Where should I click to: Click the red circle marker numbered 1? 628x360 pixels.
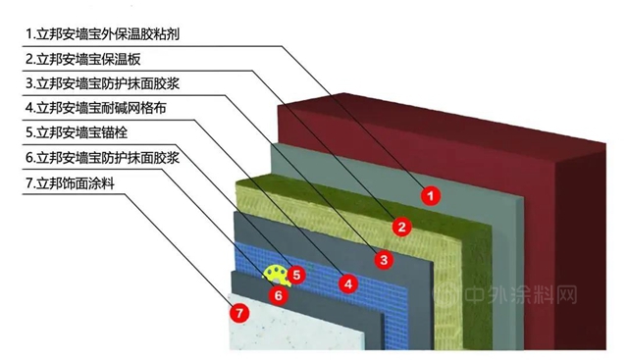[429, 194]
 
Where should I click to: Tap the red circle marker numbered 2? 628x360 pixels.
[400, 227]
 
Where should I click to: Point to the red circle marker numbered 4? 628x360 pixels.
[346, 283]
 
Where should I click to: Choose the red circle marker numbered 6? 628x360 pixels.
[278, 292]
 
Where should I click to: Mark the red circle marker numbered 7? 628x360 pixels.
[235, 313]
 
